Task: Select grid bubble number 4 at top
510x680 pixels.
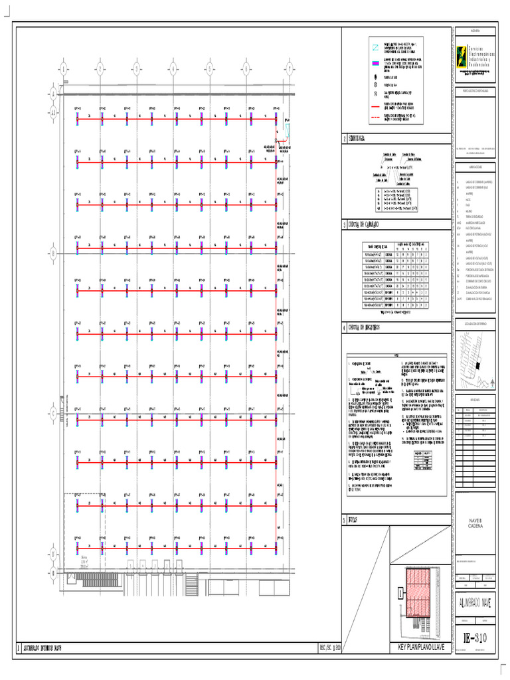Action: pyautogui.click(x=173, y=68)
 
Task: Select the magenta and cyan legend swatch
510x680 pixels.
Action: pyautogui.click(x=375, y=64)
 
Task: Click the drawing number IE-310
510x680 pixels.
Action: pyautogui.click(x=474, y=638)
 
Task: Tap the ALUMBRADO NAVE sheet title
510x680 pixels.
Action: pyautogui.click(x=474, y=602)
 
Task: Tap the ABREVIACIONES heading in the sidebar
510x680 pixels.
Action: pyautogui.click(x=475, y=167)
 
